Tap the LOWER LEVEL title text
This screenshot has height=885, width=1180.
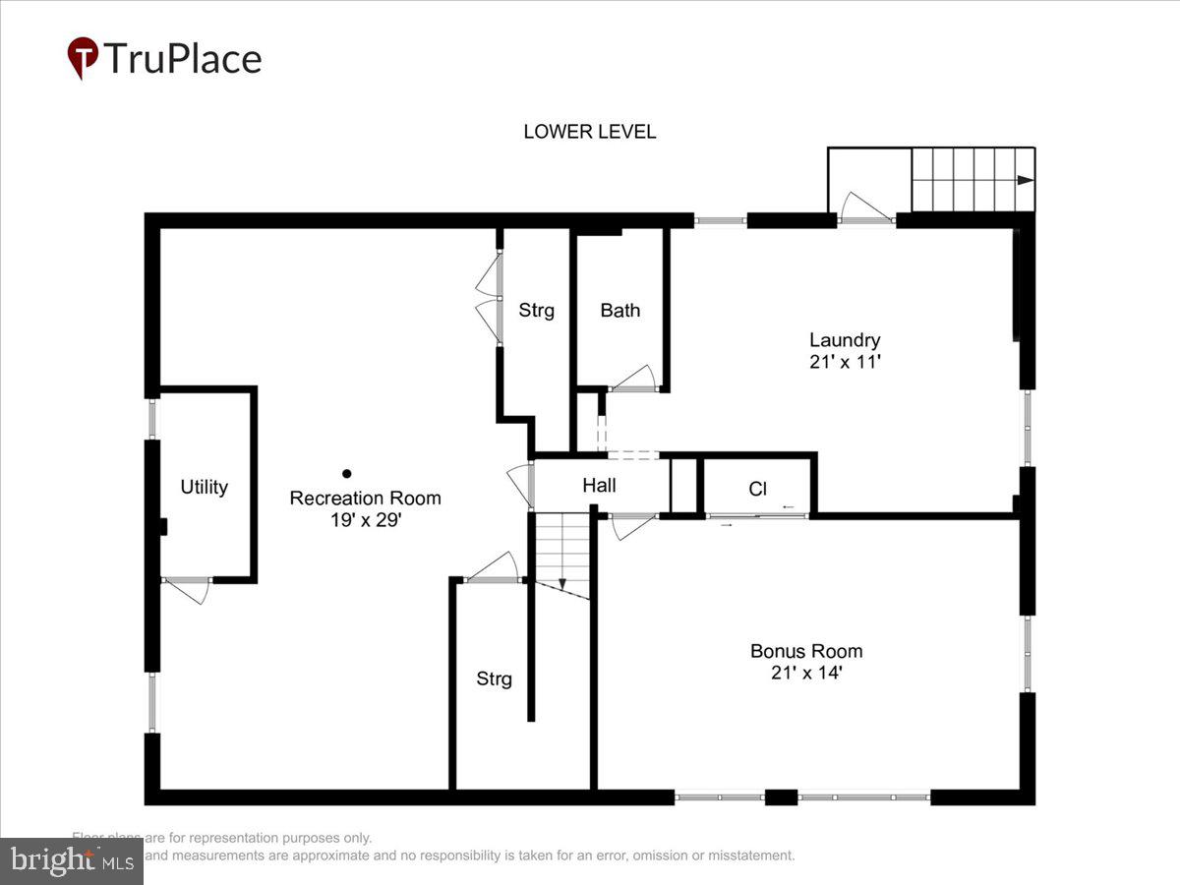point(589,132)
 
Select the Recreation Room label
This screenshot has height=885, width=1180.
point(365,498)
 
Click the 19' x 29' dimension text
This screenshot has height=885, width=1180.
point(365,520)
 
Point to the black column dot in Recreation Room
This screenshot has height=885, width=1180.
point(346,473)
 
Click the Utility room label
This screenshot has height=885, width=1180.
point(205,487)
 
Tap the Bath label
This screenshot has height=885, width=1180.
point(619,311)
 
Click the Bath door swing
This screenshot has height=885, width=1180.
point(634,378)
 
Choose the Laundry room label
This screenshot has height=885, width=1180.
point(844,340)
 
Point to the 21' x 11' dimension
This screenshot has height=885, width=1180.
point(844,362)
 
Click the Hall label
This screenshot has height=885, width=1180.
point(599,485)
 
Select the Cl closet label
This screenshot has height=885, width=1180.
point(757,489)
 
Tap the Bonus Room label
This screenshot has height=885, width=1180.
point(806,651)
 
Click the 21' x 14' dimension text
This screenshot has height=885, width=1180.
point(806,674)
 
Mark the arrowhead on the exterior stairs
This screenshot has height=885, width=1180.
point(1025,180)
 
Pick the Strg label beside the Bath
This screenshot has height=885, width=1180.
point(536,311)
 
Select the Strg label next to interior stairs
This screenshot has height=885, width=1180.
point(494,678)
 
